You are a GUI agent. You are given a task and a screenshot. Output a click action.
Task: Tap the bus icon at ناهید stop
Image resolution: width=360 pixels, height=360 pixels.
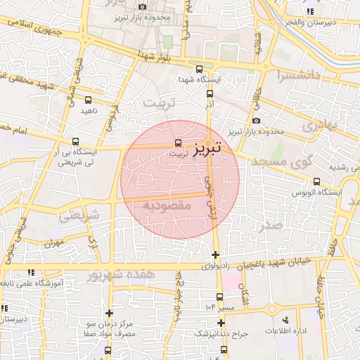coord(88,101)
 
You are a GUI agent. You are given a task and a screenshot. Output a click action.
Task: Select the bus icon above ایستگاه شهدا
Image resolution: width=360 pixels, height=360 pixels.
coord(200,70)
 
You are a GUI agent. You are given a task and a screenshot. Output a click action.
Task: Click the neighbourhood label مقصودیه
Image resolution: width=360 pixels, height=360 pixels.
coord(167,205)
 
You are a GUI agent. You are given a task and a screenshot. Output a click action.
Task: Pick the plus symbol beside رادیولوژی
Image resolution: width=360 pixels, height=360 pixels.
coord(215,255)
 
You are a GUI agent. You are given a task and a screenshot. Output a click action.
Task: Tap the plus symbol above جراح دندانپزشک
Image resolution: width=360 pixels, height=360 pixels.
coord(221,323)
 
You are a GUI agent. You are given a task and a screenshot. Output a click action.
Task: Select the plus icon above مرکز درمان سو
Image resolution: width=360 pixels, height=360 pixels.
coord(109,313)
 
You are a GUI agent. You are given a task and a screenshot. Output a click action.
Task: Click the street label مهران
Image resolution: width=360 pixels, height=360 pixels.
coord(53,243)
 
